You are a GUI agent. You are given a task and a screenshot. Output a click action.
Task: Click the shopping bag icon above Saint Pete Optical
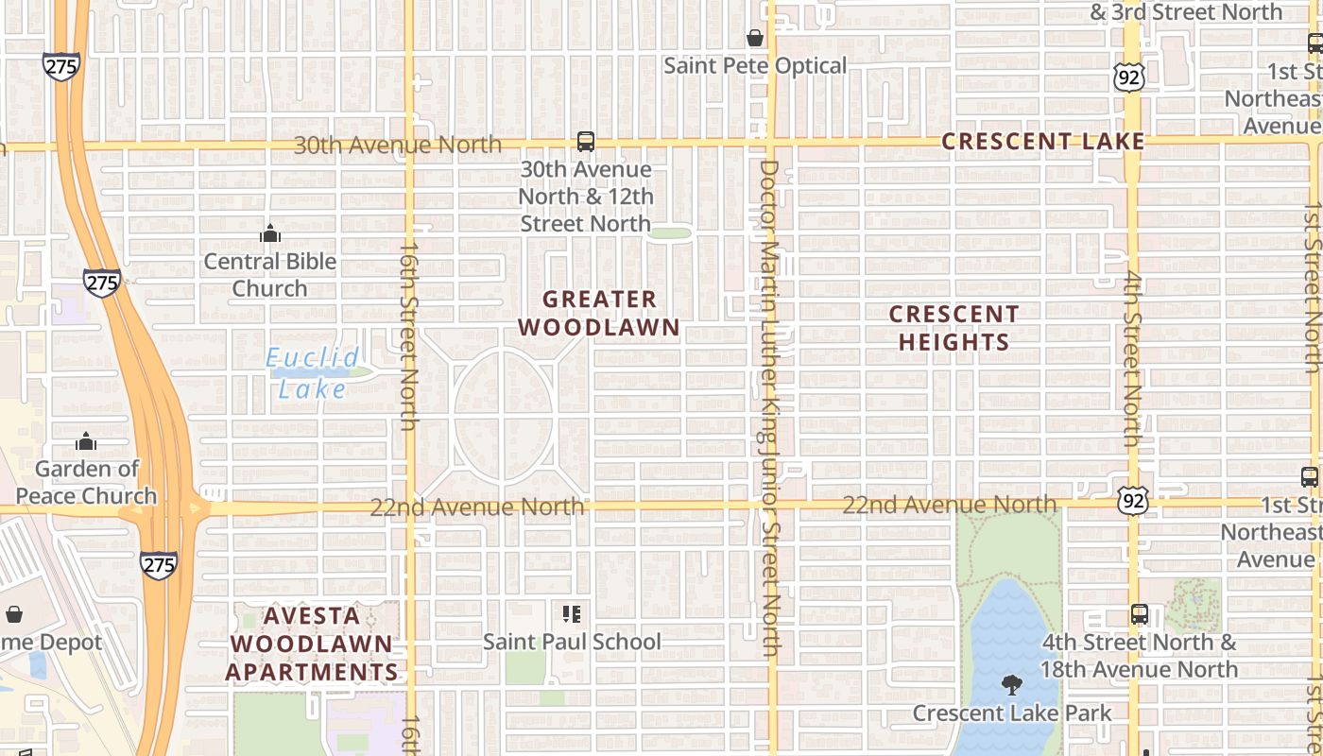pyautogui.click(x=755, y=38)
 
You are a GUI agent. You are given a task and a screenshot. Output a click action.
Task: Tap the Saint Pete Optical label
pyautogui.click(x=755, y=66)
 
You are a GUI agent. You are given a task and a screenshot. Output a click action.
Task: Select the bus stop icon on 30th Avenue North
pyautogui.click(x=586, y=142)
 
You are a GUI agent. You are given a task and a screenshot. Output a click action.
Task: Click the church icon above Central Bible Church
pyautogui.click(x=270, y=232)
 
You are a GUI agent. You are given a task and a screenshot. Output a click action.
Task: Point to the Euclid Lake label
pyautogui.click(x=312, y=372)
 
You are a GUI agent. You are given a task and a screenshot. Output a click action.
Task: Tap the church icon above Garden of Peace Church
pyautogui.click(x=86, y=440)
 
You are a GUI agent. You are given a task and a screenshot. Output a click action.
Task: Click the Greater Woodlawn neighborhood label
pyautogui.click(x=599, y=314)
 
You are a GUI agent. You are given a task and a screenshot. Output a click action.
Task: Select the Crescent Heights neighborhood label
pyautogui.click(x=954, y=328)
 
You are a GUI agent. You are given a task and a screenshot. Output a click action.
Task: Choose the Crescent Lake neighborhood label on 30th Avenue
pyautogui.click(x=1043, y=142)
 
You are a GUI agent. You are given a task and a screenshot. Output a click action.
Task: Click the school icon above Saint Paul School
pyautogui.click(x=571, y=614)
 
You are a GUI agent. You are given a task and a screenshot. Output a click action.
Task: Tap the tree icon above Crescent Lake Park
pyautogui.click(x=1011, y=684)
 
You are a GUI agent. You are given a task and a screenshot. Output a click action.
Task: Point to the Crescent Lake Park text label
pyautogui.click(x=1012, y=713)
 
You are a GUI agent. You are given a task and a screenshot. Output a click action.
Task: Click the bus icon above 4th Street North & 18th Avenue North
pyautogui.click(x=1140, y=614)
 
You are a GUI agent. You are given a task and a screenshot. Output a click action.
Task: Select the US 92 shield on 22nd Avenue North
pyautogui.click(x=1131, y=502)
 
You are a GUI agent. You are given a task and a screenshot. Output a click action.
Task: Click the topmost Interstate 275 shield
pyautogui.click(x=60, y=65)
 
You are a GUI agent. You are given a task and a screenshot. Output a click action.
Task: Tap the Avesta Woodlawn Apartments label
pyautogui.click(x=311, y=644)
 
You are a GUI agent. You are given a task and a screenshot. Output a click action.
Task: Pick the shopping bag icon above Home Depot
pyautogui.click(x=14, y=614)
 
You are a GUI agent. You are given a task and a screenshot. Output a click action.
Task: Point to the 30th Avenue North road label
pyautogui.click(x=397, y=145)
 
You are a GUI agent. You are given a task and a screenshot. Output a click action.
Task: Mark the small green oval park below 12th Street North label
pyautogui.click(x=670, y=232)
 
